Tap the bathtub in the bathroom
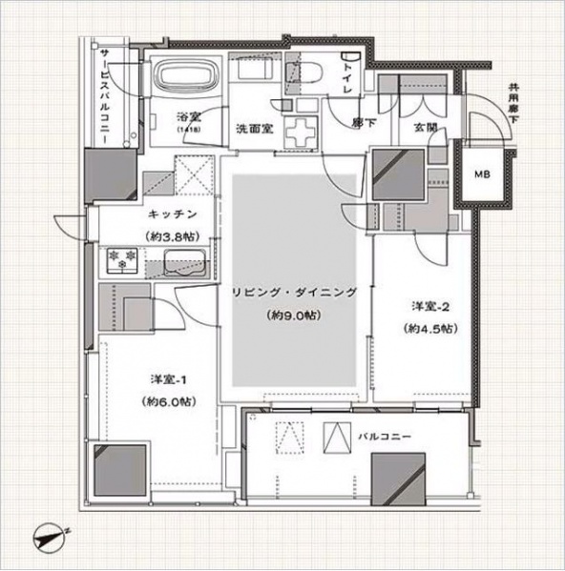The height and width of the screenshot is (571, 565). (x=186, y=78)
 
